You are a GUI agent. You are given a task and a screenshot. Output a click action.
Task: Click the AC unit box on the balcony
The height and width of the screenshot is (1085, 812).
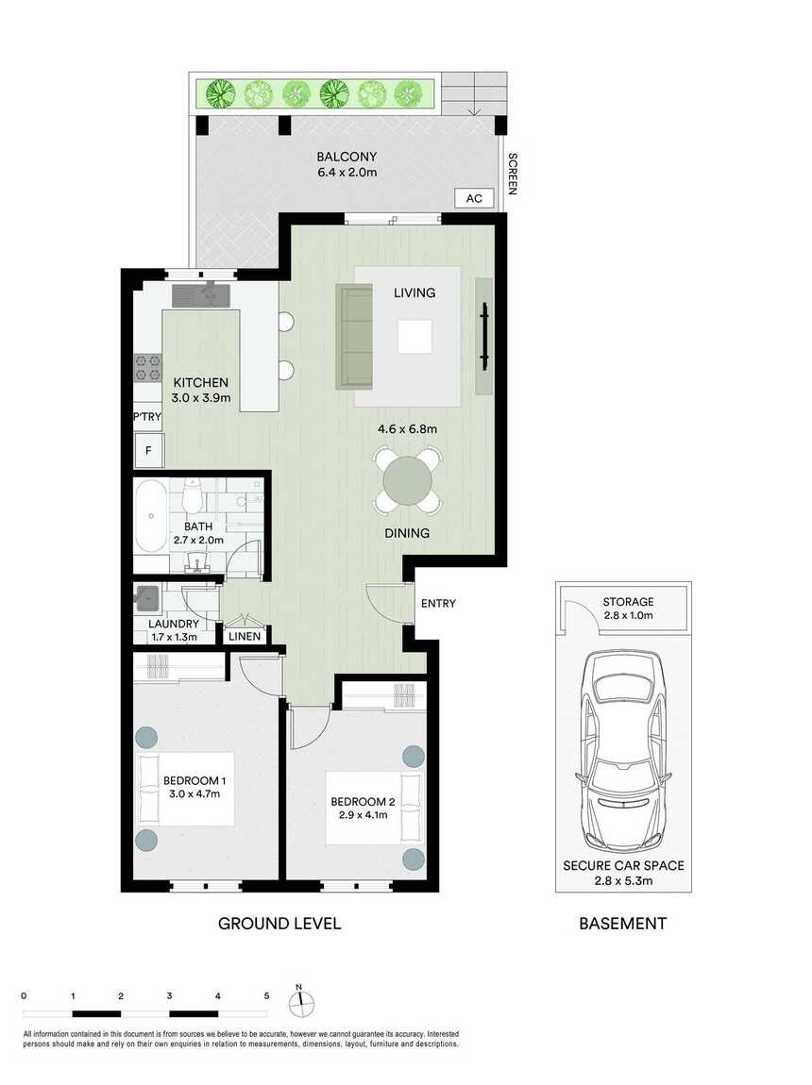(x=473, y=198)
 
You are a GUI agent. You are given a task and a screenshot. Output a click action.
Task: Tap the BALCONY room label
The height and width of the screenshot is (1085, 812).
(x=347, y=157)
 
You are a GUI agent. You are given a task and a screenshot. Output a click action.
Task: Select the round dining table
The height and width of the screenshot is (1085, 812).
(x=408, y=481)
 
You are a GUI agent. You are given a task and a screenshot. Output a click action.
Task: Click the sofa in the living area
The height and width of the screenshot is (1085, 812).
(x=354, y=336)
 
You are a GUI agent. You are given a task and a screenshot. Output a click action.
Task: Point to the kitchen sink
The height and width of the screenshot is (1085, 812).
(x=201, y=295)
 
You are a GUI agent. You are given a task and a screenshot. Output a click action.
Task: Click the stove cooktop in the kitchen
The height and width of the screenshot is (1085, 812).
(x=147, y=367)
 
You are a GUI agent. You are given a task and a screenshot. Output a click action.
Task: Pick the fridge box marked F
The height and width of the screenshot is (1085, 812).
(x=148, y=450)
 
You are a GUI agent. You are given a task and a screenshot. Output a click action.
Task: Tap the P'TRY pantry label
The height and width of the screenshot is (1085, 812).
(x=146, y=417)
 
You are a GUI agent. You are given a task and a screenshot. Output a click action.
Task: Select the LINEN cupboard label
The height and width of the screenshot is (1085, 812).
(x=245, y=637)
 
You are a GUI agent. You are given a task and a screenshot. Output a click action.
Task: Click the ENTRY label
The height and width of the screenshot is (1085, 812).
(x=438, y=604)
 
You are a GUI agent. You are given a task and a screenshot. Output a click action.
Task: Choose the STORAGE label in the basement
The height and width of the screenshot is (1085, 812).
(x=628, y=602)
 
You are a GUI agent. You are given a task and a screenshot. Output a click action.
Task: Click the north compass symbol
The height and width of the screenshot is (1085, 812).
(x=301, y=1002)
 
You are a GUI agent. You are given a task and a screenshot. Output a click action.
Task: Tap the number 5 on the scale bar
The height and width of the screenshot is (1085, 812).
(x=266, y=996)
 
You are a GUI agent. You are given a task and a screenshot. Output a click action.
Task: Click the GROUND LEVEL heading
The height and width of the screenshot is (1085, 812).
(x=279, y=923)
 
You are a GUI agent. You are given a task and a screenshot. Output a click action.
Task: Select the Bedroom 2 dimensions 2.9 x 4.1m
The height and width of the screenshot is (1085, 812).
(x=363, y=815)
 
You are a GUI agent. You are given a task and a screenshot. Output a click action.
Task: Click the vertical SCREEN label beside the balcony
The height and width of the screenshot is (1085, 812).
(x=513, y=174)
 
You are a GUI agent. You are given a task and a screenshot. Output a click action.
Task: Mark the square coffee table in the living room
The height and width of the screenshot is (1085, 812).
(x=415, y=337)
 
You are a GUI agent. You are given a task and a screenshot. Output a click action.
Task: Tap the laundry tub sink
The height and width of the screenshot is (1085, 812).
(x=147, y=597)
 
